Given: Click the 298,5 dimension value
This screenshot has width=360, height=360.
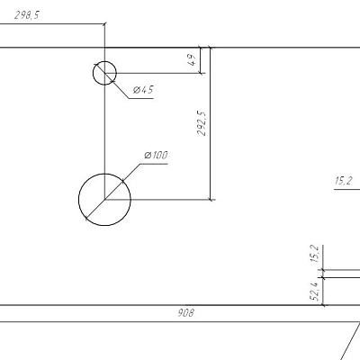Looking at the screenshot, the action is coord(27,15).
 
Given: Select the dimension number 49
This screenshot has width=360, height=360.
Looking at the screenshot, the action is coord(193,59).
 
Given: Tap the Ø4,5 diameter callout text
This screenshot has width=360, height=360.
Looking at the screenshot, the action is coord(143,90).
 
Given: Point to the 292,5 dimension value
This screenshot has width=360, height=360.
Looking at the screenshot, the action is coord(202,123).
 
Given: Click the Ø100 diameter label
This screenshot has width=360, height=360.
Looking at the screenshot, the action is coord(156,156).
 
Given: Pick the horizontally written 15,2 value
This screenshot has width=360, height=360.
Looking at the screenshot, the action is coord(343,181).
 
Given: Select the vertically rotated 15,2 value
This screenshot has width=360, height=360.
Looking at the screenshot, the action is coord(315,254).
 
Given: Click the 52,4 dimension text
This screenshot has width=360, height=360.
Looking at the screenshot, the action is coord(315,291).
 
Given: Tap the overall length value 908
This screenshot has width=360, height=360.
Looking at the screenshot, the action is coord(186,313).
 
